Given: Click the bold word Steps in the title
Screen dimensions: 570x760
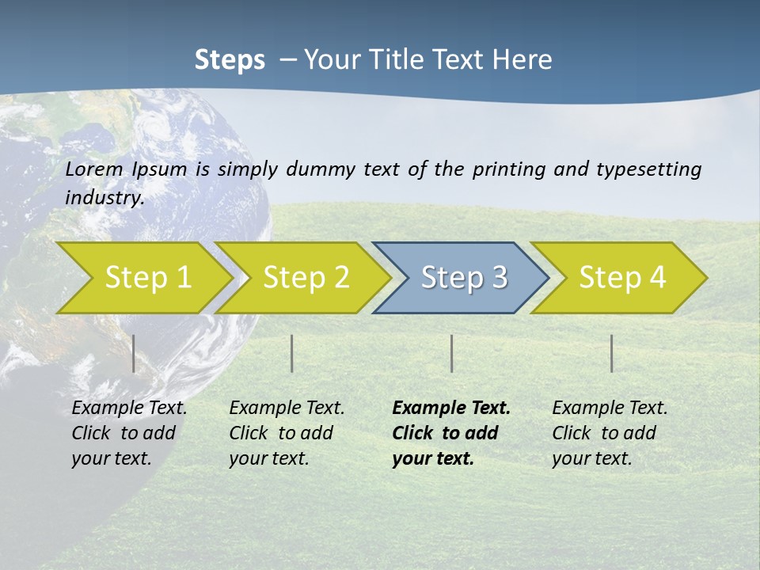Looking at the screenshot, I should (230, 60).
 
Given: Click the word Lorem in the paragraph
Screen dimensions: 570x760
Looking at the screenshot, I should (94, 169).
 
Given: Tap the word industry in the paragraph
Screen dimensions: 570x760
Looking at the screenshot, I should (104, 197).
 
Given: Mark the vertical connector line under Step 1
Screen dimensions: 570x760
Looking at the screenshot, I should (134, 353).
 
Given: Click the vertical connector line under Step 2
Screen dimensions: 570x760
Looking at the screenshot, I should (292, 353).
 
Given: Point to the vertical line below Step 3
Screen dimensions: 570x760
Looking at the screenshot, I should (452, 353).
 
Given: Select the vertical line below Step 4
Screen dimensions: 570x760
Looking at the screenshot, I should (612, 353).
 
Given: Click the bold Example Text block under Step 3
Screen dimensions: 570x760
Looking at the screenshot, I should (451, 433).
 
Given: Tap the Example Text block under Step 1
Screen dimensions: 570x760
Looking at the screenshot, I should (129, 433).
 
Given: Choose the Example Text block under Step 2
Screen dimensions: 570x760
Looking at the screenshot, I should (287, 433).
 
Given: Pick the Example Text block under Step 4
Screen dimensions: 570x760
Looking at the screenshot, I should (610, 433).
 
